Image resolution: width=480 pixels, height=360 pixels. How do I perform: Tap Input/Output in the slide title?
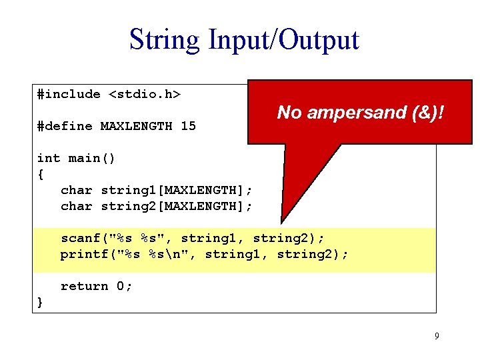tap(283, 40)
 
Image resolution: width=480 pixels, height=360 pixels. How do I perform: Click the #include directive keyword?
tap(69, 95)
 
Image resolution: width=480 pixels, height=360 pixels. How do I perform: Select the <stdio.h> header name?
tap(144, 95)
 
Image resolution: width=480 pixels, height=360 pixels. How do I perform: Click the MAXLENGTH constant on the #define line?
tap(136, 126)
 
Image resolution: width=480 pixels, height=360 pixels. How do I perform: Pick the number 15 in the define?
tap(188, 126)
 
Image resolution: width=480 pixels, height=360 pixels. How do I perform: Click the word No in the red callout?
tap(288, 113)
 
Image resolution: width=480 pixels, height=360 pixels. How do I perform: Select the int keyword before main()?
tap(49, 158)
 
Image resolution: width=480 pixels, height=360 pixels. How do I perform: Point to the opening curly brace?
tap(41, 174)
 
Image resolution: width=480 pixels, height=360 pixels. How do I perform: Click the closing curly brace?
tap(41, 302)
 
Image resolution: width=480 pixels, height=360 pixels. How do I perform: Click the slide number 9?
tap(437, 336)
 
